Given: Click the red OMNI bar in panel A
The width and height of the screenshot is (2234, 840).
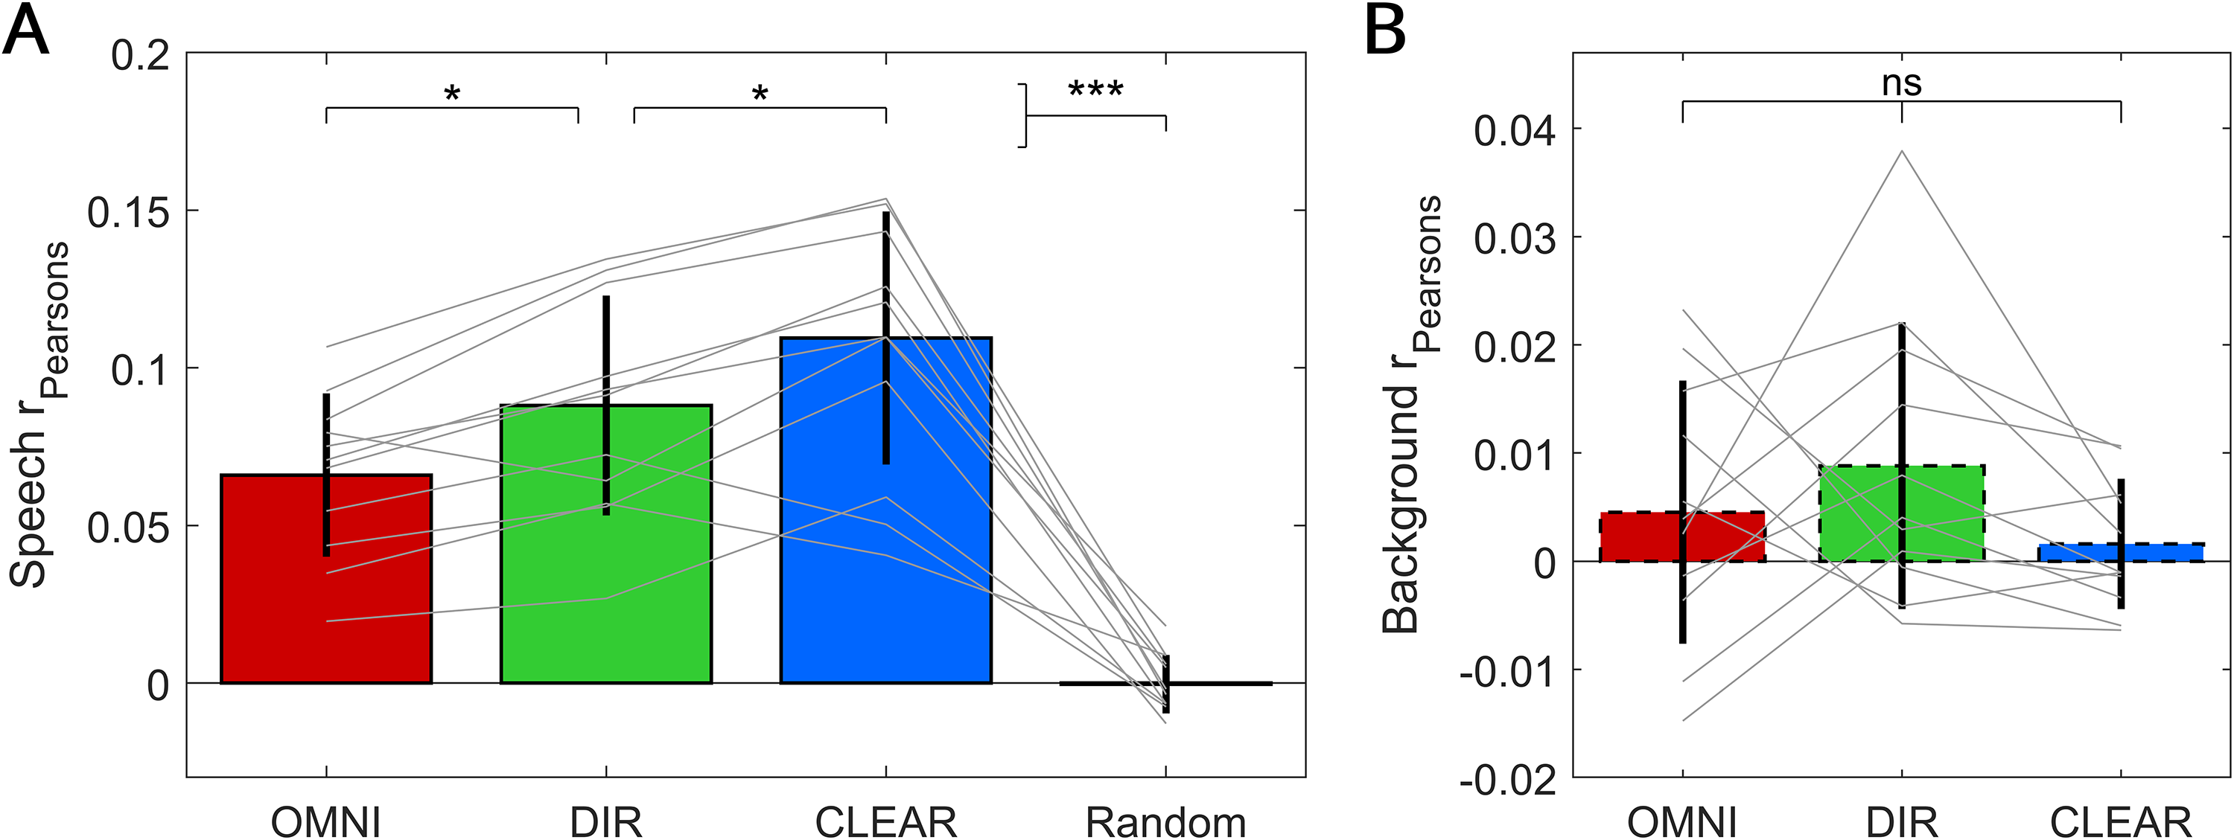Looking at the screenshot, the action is (x=326, y=579).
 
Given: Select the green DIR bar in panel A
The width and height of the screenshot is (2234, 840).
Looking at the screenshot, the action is (x=606, y=545).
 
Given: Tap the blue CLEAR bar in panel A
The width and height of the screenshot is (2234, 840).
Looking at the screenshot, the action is (x=885, y=510).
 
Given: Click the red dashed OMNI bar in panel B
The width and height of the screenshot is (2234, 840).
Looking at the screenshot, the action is (x=1682, y=536).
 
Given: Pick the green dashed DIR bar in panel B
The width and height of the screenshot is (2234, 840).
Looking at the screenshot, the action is (x=1902, y=513).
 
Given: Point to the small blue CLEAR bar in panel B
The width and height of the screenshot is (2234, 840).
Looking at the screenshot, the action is (x=2120, y=552).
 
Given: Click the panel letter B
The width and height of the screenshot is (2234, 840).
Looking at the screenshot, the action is (x=1385, y=33).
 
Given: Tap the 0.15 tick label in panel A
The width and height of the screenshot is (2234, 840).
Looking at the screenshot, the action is (x=128, y=211).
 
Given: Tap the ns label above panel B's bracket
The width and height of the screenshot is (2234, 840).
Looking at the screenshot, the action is (x=1902, y=83).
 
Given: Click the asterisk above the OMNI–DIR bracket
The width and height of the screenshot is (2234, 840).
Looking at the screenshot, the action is (x=452, y=94).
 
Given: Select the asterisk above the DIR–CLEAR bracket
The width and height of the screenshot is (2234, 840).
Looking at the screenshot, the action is (x=760, y=94).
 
